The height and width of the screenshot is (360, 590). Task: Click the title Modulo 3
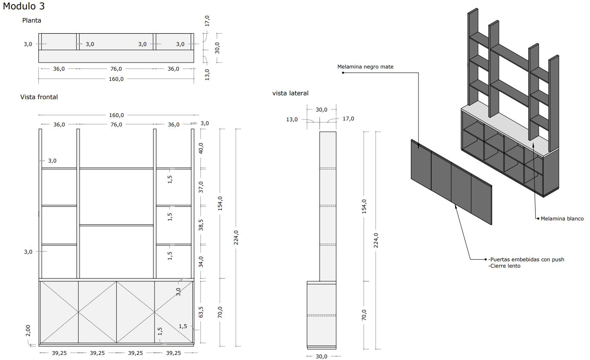click(24, 6)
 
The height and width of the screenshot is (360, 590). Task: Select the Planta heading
click(32, 20)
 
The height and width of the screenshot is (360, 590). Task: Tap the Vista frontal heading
click(39, 97)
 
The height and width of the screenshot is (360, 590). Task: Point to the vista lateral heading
click(290, 93)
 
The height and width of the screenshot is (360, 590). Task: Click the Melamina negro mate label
click(365, 67)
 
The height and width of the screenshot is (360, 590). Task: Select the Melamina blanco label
click(562, 219)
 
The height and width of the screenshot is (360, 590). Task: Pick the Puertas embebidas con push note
click(526, 260)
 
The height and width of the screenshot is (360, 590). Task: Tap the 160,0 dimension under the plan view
click(116, 79)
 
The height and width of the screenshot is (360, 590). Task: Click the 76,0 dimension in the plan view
click(116, 69)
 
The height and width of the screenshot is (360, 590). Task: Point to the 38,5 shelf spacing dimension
click(201, 225)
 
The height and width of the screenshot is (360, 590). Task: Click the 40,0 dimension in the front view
click(201, 148)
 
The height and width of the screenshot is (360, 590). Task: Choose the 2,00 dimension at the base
click(28, 331)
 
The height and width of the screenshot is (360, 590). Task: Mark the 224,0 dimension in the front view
click(236, 237)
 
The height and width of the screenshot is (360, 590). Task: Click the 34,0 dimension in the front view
click(201, 261)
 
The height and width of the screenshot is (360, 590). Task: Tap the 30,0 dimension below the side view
click(321, 356)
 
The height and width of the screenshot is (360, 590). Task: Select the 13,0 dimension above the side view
click(292, 120)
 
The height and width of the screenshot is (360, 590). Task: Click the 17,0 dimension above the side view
click(348, 119)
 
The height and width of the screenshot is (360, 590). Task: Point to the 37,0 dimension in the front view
click(201, 187)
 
